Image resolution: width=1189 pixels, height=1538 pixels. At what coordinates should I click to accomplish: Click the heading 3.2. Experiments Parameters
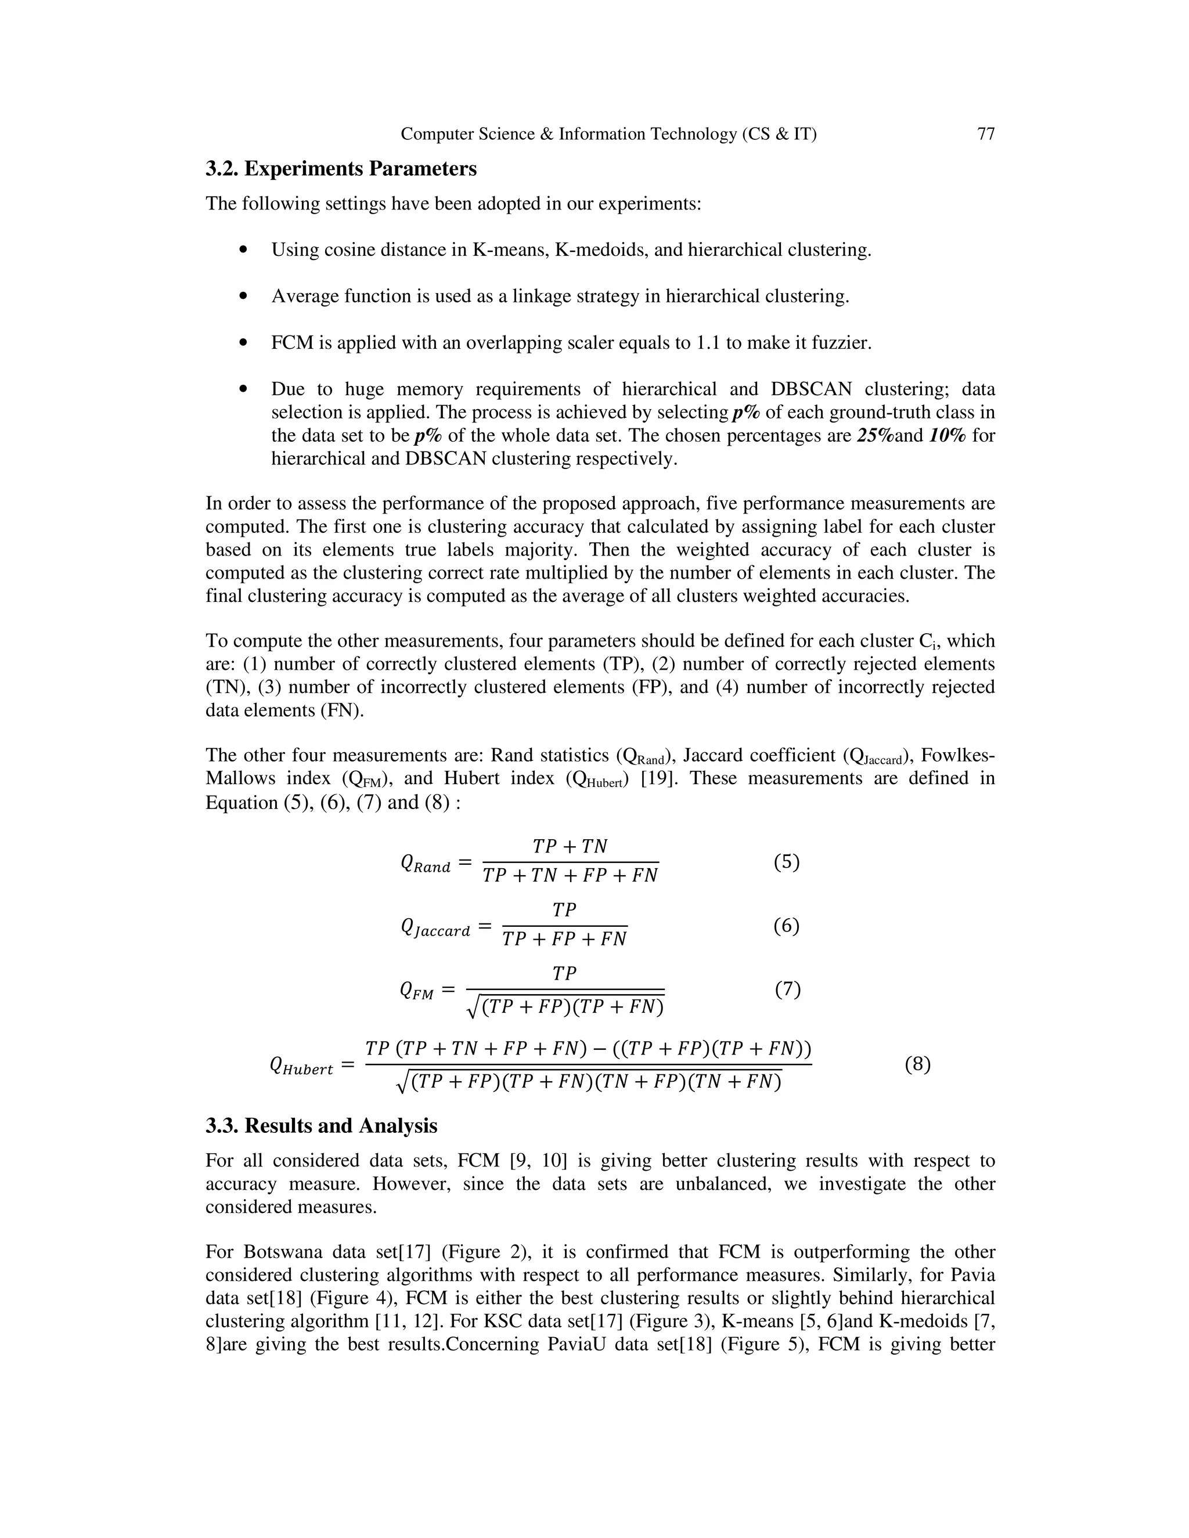pos(341,169)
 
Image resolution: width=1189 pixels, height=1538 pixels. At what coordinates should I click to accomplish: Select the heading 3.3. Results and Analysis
pos(321,1126)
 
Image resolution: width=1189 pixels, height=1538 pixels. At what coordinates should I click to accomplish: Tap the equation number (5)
pos(787,862)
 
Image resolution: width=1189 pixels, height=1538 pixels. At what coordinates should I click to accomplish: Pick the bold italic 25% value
pos(875,436)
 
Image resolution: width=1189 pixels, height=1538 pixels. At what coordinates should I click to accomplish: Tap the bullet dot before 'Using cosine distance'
pos(244,250)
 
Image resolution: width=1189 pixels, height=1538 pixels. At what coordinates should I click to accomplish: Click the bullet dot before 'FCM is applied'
pos(244,343)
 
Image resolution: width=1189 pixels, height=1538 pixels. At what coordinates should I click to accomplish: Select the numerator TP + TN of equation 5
pos(570,846)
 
